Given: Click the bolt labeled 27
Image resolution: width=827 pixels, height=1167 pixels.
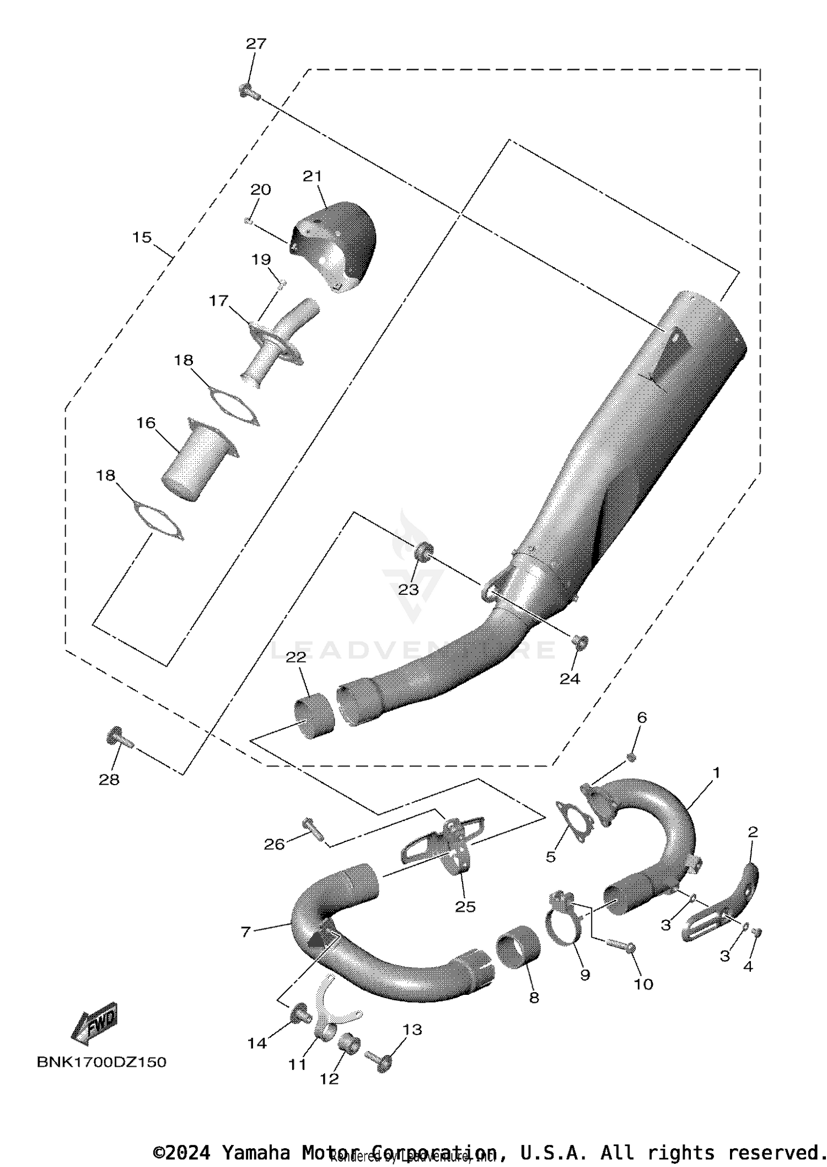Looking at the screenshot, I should pos(249,90).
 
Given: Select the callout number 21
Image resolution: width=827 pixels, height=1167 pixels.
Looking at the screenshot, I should pos(312,176).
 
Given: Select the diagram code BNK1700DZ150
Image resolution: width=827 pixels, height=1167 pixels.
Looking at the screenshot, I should pos(101,1062).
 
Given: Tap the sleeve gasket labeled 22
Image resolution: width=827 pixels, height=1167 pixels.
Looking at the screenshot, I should pos(314,717).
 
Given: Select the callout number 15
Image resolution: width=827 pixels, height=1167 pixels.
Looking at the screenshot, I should pos(142,237).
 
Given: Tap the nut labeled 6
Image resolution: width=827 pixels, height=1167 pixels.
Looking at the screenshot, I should pos(632,756).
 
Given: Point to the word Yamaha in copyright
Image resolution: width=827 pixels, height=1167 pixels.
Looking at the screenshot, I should pos(256,1152).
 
